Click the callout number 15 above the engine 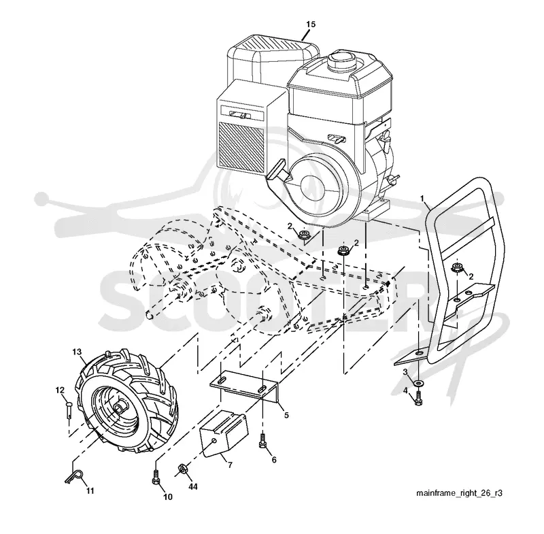coord(311,24)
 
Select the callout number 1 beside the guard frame coord(422,199)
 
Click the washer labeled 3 coord(419,383)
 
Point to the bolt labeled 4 coord(419,398)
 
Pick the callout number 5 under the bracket coord(286,415)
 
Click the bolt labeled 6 coord(263,440)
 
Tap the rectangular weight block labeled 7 coord(224,433)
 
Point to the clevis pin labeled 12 coord(69,410)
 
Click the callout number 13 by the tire coord(77,352)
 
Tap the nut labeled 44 coord(182,469)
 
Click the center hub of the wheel coord(120,407)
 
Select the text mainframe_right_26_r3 coord(460,493)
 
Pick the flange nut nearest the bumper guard coord(456,267)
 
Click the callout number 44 coord(193,487)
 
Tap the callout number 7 coord(230,465)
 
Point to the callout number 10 coord(167,497)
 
